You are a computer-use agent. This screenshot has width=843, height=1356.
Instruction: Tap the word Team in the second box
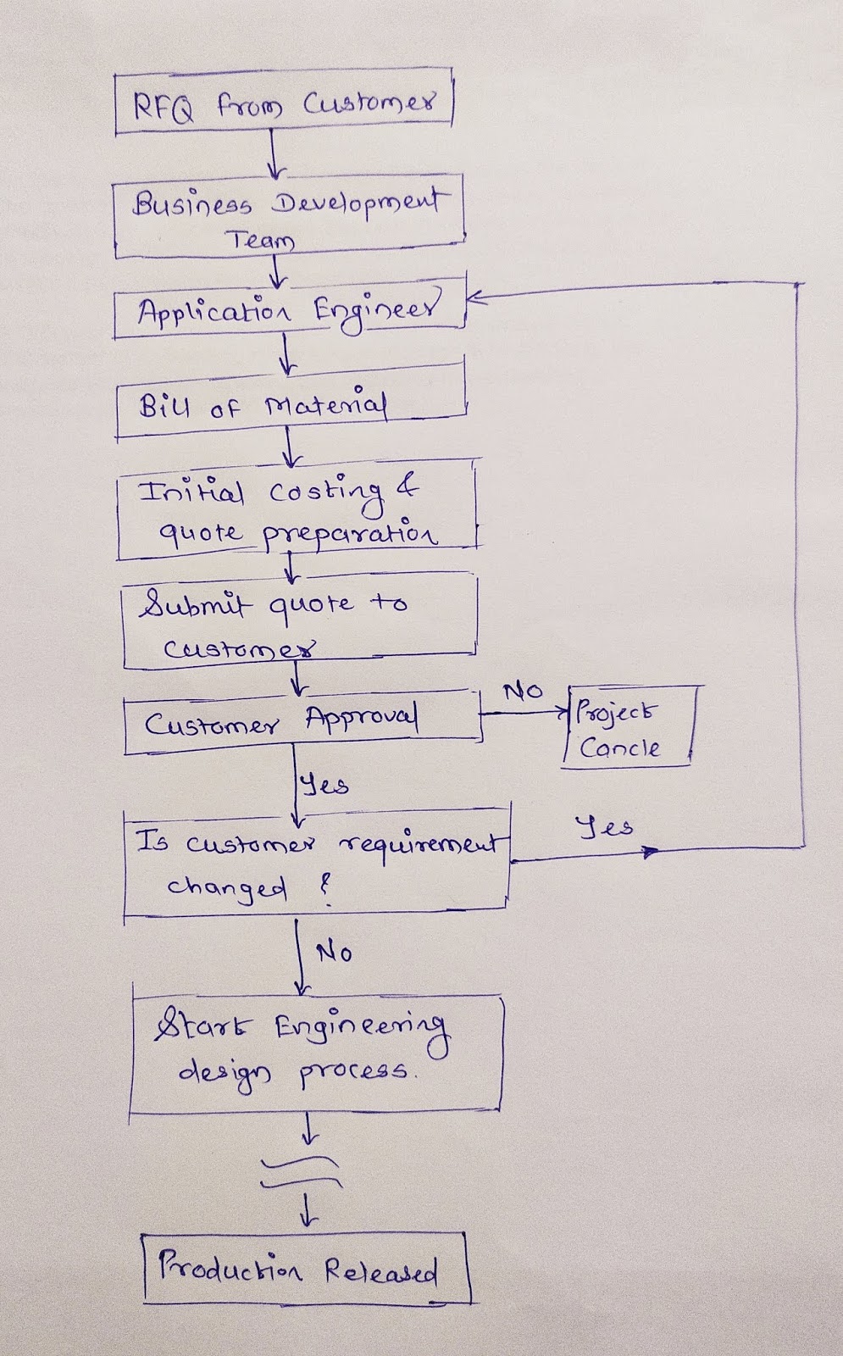(261, 241)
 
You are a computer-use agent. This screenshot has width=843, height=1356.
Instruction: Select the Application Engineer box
(289, 311)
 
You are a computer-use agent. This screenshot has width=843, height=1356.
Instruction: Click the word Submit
(196, 604)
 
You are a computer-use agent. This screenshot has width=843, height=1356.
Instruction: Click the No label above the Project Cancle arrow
(523, 692)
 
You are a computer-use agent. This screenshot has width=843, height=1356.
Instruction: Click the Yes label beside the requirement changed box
(604, 826)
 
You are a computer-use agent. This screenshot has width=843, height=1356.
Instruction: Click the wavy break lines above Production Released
(302, 1173)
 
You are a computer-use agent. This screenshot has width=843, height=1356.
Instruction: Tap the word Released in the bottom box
(380, 1271)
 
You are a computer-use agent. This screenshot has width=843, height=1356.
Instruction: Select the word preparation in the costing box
(349, 536)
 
